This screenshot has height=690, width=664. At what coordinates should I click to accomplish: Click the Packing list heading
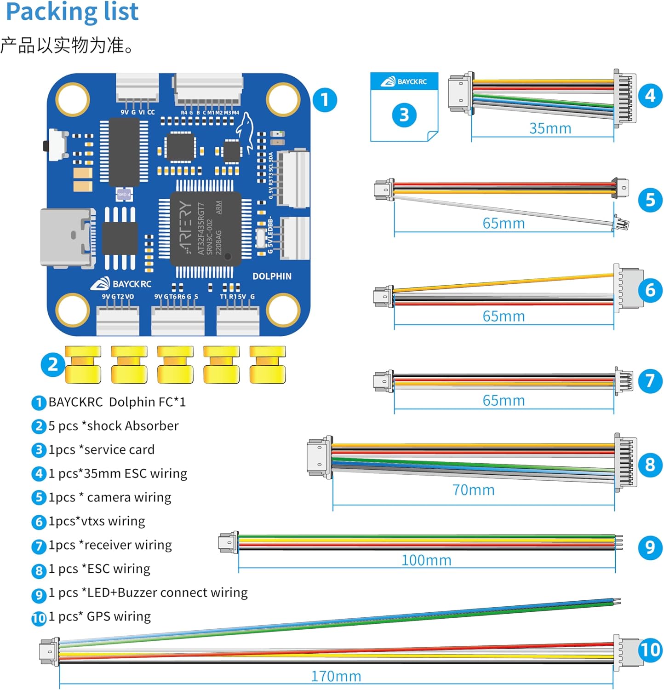click(72, 12)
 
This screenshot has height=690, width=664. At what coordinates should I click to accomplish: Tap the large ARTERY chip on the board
click(206, 228)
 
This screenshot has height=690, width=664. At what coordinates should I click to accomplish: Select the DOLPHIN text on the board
click(272, 276)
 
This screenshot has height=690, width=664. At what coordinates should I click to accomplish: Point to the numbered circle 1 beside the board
click(325, 99)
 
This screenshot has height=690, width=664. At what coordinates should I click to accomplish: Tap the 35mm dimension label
click(550, 128)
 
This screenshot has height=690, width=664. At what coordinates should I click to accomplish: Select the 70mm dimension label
click(473, 490)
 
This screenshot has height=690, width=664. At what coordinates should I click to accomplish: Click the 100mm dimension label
click(426, 560)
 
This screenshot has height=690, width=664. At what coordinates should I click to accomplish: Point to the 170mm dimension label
click(336, 676)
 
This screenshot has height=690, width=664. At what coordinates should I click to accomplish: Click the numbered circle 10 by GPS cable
click(650, 650)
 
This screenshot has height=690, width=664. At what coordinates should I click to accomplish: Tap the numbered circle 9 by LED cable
click(650, 547)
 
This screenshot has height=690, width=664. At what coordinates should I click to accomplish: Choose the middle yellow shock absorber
click(175, 365)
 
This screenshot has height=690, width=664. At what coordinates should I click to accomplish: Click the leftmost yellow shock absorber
click(83, 365)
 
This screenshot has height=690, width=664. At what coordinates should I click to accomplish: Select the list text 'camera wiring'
click(129, 497)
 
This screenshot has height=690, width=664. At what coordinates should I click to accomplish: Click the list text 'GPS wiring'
click(119, 616)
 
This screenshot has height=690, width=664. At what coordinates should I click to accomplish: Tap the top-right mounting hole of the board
click(283, 99)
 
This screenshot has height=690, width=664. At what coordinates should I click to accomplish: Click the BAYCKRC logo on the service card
click(404, 82)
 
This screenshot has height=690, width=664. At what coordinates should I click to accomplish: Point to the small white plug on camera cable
click(622, 224)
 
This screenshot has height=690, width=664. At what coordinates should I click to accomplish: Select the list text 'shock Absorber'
click(132, 426)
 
